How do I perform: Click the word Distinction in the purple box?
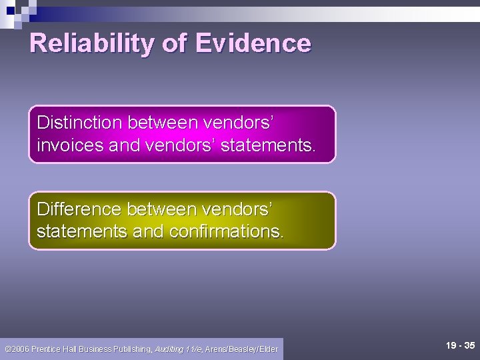[80, 123]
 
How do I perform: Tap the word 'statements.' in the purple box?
[267, 145]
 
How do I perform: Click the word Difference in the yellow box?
[79, 209]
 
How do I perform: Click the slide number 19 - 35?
[460, 346]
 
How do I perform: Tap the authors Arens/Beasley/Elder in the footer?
[241, 349]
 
